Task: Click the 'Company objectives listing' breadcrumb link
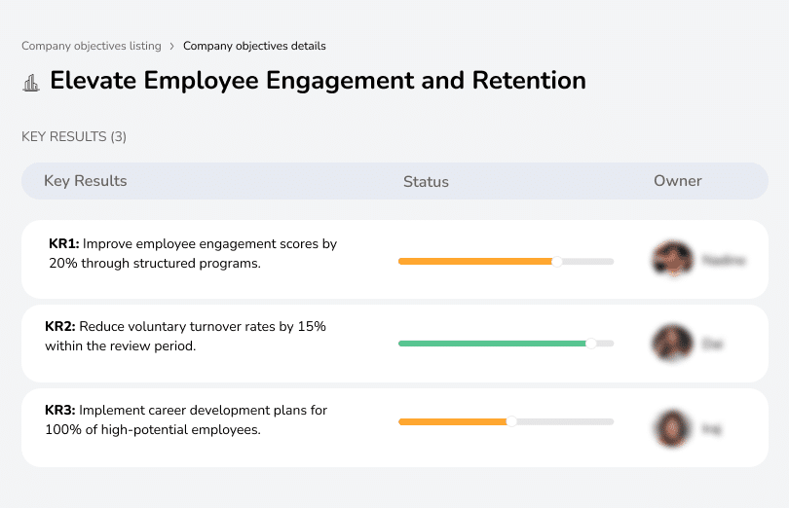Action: (x=93, y=46)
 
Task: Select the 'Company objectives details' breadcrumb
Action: (x=254, y=46)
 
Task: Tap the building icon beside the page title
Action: (x=31, y=82)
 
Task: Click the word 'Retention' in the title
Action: (x=529, y=80)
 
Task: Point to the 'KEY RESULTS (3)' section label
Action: (x=74, y=137)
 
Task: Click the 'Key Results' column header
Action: (x=85, y=181)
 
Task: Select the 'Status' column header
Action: (x=426, y=182)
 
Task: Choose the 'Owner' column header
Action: (x=677, y=181)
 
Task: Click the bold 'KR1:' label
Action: (x=63, y=244)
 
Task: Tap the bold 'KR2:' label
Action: (x=60, y=327)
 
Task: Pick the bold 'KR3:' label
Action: (x=60, y=411)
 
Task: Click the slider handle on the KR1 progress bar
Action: (x=557, y=261)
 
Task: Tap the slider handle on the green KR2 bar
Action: (x=590, y=344)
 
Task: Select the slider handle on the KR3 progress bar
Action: (x=511, y=421)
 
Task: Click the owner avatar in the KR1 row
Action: (x=671, y=260)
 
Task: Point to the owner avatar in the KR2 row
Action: (x=671, y=344)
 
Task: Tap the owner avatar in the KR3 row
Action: (x=671, y=427)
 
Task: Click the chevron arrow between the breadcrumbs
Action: (x=171, y=46)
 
